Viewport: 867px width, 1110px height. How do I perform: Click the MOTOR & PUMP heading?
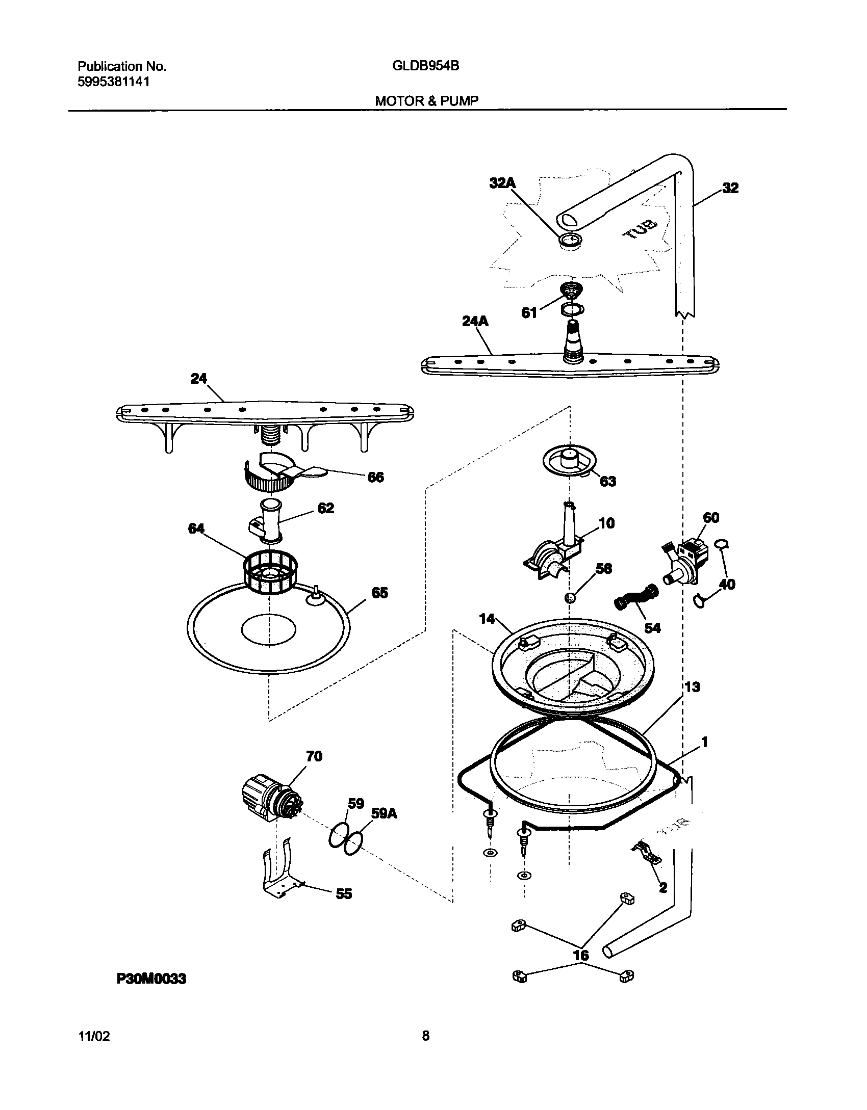(426, 101)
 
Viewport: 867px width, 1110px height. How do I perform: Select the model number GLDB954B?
(426, 66)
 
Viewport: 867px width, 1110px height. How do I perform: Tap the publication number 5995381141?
(114, 82)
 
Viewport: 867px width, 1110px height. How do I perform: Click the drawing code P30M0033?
(151, 979)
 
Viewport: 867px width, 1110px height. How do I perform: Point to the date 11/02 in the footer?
(93, 1036)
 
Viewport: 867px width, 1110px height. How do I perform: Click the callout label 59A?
(384, 814)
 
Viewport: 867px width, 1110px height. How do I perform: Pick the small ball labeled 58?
(570, 598)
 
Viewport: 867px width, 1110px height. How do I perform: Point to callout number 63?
(607, 481)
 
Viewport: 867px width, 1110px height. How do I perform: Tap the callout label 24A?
(475, 321)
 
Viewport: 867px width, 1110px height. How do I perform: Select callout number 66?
(375, 477)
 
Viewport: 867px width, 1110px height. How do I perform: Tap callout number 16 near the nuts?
(581, 955)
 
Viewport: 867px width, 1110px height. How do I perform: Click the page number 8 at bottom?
(426, 1036)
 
